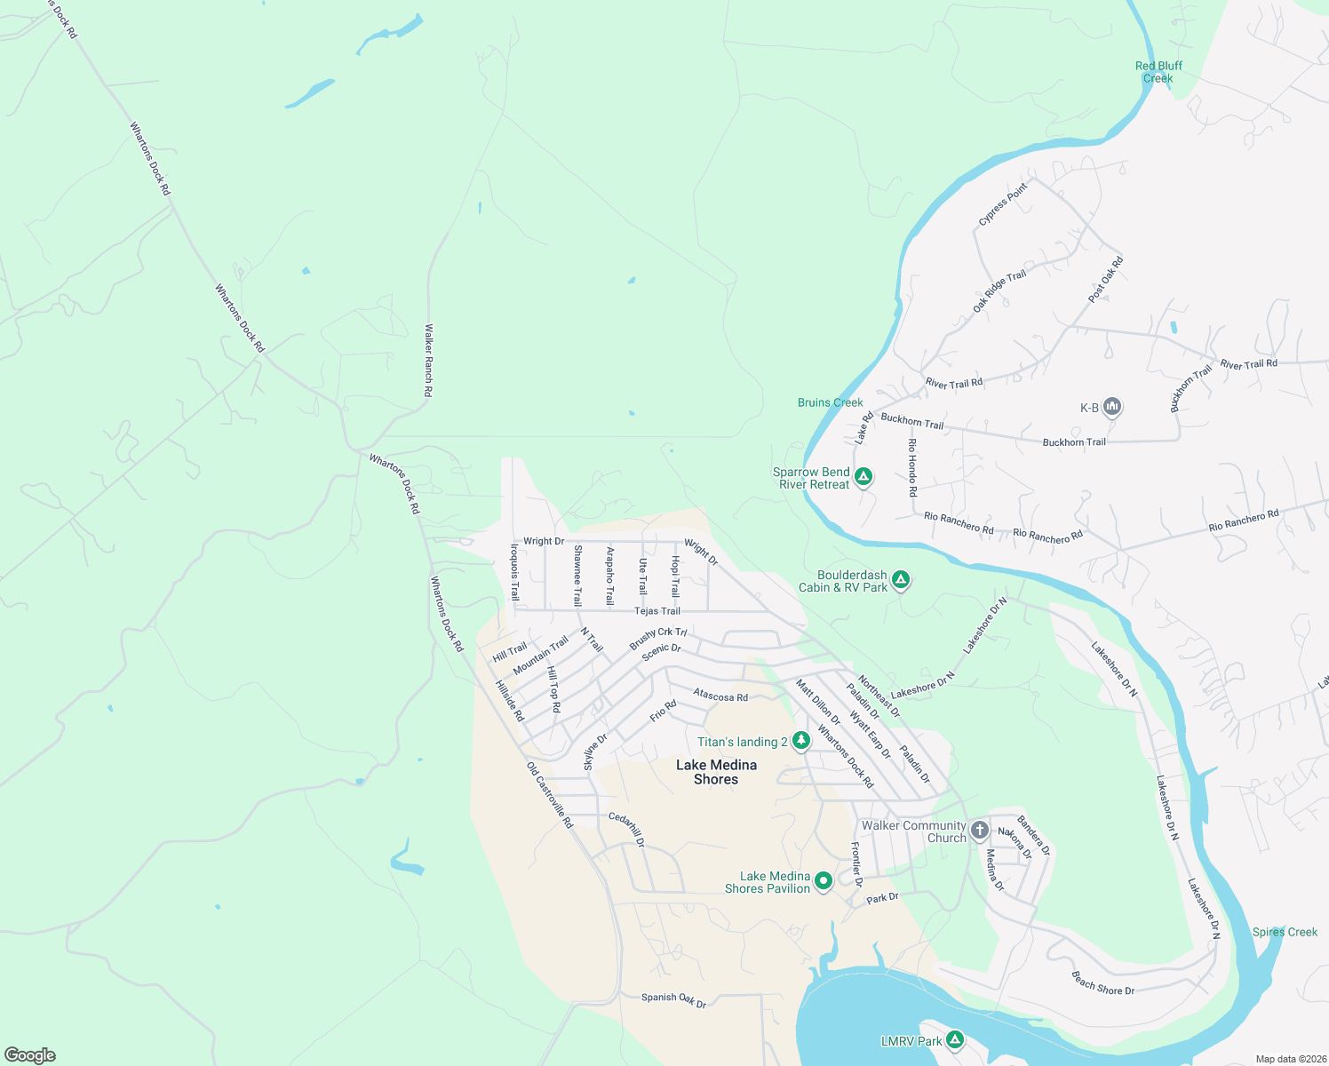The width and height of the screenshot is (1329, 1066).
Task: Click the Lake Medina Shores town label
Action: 716,772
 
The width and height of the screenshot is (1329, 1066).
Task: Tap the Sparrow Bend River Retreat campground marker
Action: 863,478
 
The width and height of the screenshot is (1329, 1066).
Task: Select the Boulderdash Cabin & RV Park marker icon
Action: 901,581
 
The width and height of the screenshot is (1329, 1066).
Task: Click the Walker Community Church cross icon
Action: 979,831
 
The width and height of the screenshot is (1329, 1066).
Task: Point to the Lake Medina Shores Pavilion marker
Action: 823,881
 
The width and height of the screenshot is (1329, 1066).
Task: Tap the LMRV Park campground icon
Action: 955,1040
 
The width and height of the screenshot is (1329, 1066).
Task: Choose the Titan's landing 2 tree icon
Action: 800,741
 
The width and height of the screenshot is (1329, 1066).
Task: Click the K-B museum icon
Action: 1111,408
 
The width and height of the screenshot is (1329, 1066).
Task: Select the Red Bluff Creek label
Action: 1158,72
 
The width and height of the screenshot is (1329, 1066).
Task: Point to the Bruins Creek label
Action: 830,402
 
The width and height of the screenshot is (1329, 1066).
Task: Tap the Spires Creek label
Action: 1285,932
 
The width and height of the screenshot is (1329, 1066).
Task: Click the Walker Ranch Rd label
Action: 428,360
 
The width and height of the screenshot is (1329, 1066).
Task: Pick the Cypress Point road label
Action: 1002,203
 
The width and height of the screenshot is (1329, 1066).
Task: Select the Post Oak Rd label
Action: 1106,279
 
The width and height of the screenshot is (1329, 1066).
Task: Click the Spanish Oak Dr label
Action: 673,999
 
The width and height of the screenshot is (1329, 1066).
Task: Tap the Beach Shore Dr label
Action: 1102,983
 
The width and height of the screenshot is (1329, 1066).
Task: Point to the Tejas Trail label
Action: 657,611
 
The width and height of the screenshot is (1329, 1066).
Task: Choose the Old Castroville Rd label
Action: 550,795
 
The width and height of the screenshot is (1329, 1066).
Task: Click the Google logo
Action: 30,1055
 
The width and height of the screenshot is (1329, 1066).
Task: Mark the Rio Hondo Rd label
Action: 911,466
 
